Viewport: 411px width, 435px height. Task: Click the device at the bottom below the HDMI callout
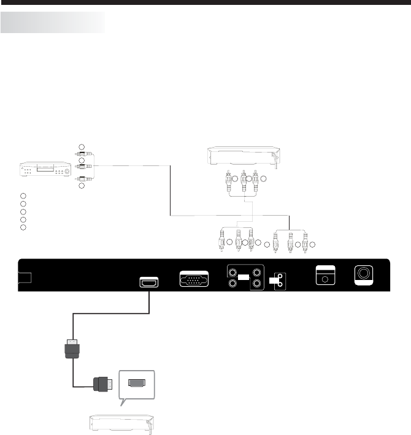pyautogui.click(x=122, y=423)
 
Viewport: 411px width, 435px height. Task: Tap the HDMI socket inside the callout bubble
pyautogui.click(x=137, y=383)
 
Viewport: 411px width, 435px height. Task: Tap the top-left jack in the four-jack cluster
pyautogui.click(x=232, y=272)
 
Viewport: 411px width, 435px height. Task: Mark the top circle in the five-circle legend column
pyautogui.click(x=23, y=195)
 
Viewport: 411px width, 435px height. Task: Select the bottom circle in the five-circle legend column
pyautogui.click(x=23, y=227)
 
